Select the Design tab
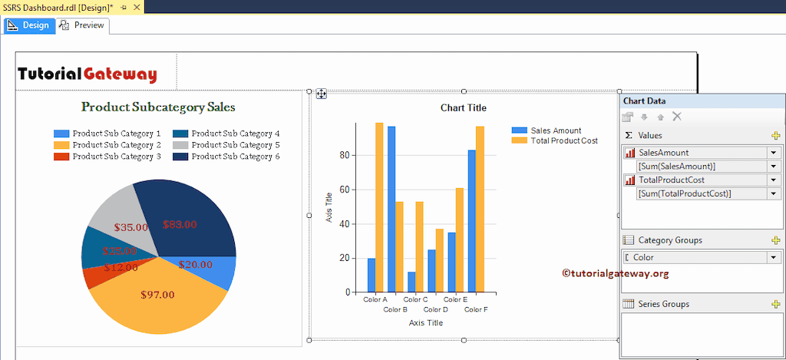point(28,25)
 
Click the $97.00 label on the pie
point(157,294)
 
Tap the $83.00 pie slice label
point(180,224)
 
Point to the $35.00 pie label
point(130,227)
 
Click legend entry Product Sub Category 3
point(107,157)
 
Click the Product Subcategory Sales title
point(158,107)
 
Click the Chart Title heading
point(463,107)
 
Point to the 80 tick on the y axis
point(343,155)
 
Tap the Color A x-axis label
point(375,299)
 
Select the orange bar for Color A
point(379,207)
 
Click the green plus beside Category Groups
point(775,240)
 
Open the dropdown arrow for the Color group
point(773,258)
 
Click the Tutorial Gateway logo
point(88,74)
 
